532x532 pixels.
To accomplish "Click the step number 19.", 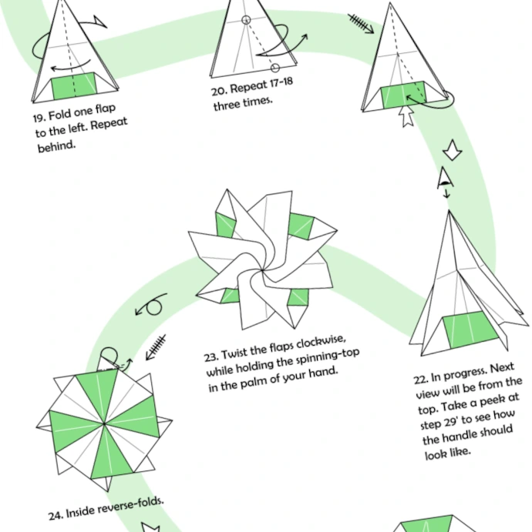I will coord(39,118).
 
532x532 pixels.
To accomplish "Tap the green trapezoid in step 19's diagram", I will coord(74,86).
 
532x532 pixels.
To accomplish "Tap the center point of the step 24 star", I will coord(106,422).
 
